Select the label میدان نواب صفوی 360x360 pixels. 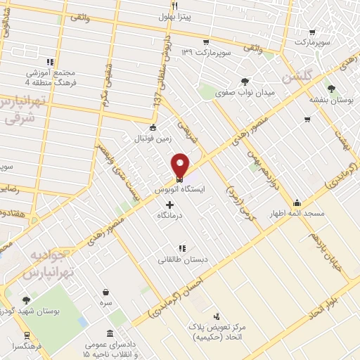[x=245, y=91]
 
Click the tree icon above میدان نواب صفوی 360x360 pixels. [x=245, y=81]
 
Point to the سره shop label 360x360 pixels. [x=105, y=302]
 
